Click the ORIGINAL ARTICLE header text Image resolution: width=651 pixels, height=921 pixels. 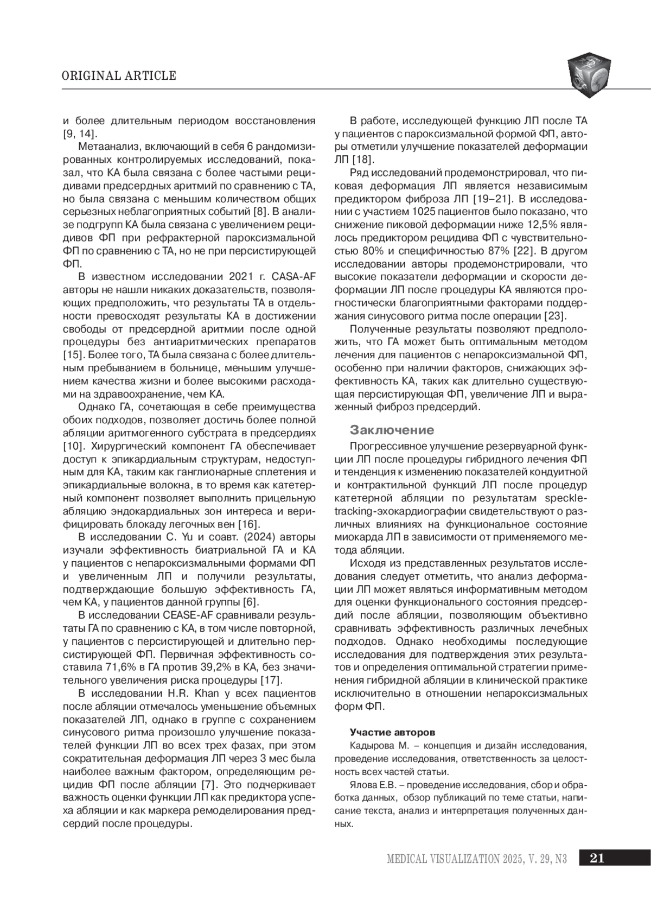point(119,75)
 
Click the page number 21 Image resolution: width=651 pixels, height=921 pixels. point(597,858)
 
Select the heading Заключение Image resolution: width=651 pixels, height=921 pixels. point(392,430)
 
